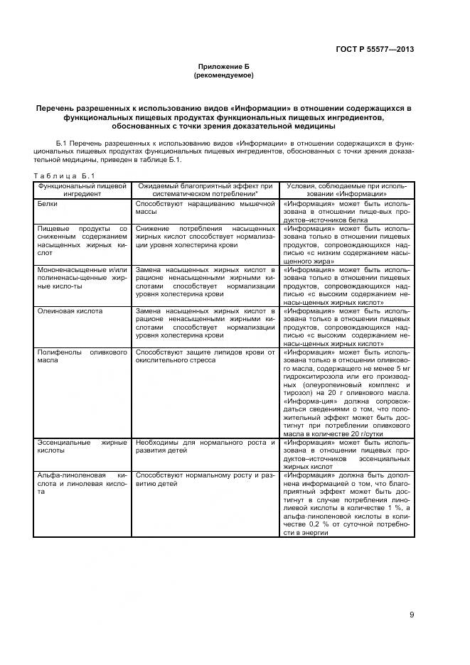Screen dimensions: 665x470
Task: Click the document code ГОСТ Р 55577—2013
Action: coord(374,49)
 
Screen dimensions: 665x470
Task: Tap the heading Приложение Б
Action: coord(223,65)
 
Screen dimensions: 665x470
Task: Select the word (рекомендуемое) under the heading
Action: coord(223,75)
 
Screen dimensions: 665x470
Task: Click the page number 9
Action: coord(412,615)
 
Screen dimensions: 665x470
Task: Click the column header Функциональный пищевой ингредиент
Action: coord(82,189)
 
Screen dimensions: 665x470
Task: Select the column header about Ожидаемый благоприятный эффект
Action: coord(206,189)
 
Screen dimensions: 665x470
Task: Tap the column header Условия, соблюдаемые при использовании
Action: coord(346,189)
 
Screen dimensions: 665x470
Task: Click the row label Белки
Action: coord(48,203)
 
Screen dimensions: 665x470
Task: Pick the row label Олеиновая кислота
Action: coord(70,311)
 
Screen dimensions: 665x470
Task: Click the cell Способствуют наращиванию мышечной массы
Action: coord(205,207)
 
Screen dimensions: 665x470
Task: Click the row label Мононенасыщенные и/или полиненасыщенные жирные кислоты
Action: coord(82,279)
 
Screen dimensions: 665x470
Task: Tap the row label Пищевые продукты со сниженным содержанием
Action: coord(82,240)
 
